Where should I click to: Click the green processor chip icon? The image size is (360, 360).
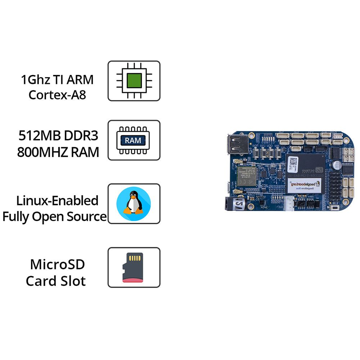[134, 81]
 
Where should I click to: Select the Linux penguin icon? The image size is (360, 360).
[134, 203]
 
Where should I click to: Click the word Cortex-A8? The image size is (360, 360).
[57, 95]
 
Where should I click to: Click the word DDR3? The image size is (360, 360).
[81, 136]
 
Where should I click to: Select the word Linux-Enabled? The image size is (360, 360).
[57, 201]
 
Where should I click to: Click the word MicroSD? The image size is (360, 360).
[57, 264]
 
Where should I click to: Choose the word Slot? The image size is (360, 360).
[73, 281]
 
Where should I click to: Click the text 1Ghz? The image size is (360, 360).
[35, 79]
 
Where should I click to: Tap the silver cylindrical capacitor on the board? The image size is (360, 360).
[339, 165]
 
